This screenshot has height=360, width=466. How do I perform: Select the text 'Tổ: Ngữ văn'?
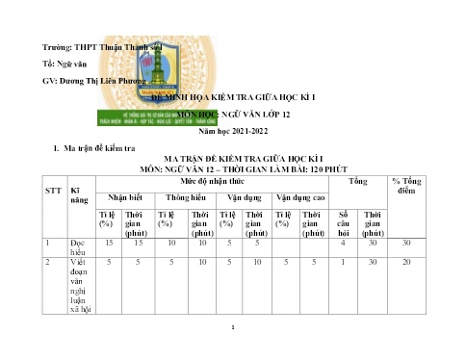coord(65,64)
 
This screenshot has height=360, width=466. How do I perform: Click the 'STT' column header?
coord(55,189)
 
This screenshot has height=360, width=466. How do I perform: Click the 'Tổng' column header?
coord(357,180)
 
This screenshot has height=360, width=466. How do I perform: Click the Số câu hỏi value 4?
coord(343,244)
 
